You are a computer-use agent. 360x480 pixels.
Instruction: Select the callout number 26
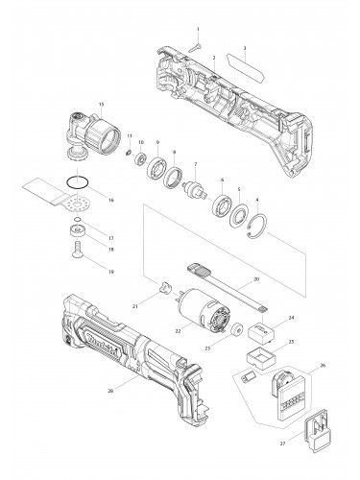(x=323, y=366)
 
